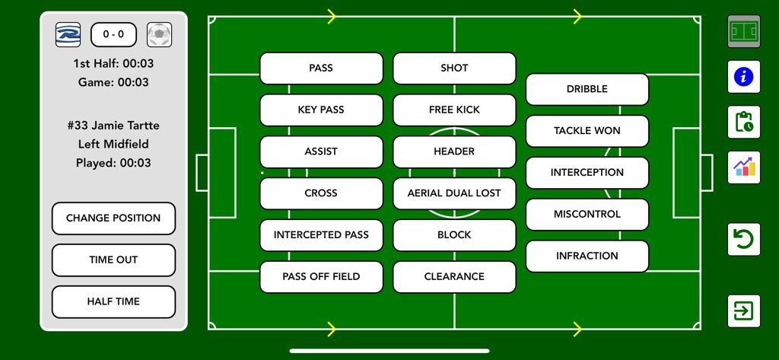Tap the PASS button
[321, 68]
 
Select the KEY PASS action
[321, 110]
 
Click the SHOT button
[454, 68]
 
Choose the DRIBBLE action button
[587, 89]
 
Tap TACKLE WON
[587, 131]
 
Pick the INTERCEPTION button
[587, 173]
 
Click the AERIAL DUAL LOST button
[454, 193]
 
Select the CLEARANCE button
[454, 277]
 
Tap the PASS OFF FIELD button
[321, 277]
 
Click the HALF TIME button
[113, 301]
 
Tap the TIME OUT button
[113, 260]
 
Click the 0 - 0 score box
[113, 35]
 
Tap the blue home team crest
[68, 35]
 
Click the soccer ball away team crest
[159, 35]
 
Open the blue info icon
[743, 77]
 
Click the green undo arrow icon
[743, 240]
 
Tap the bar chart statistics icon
[743, 167]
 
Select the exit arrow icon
[743, 311]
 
